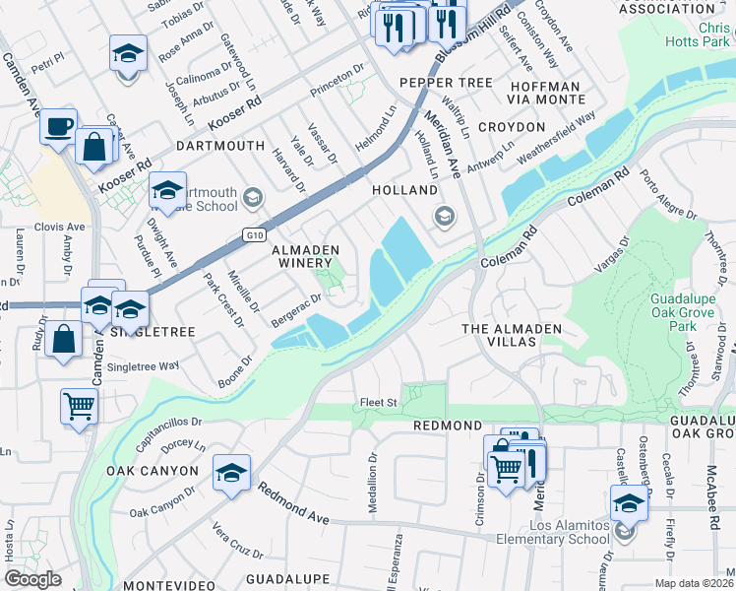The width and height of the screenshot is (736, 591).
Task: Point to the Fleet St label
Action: click(x=378, y=402)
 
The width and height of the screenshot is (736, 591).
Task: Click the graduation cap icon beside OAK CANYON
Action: click(x=232, y=474)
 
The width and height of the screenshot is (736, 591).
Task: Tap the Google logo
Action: click(x=33, y=579)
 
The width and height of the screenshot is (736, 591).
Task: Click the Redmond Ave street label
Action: click(x=294, y=502)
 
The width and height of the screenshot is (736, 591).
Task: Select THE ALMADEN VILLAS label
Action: click(x=500, y=335)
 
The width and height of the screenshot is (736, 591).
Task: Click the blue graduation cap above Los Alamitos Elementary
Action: click(x=629, y=503)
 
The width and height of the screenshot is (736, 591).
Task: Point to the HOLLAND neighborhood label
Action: click(x=403, y=189)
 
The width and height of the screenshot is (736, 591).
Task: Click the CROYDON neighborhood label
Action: click(x=512, y=128)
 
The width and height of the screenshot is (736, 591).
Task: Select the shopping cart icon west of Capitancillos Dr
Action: click(x=79, y=405)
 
